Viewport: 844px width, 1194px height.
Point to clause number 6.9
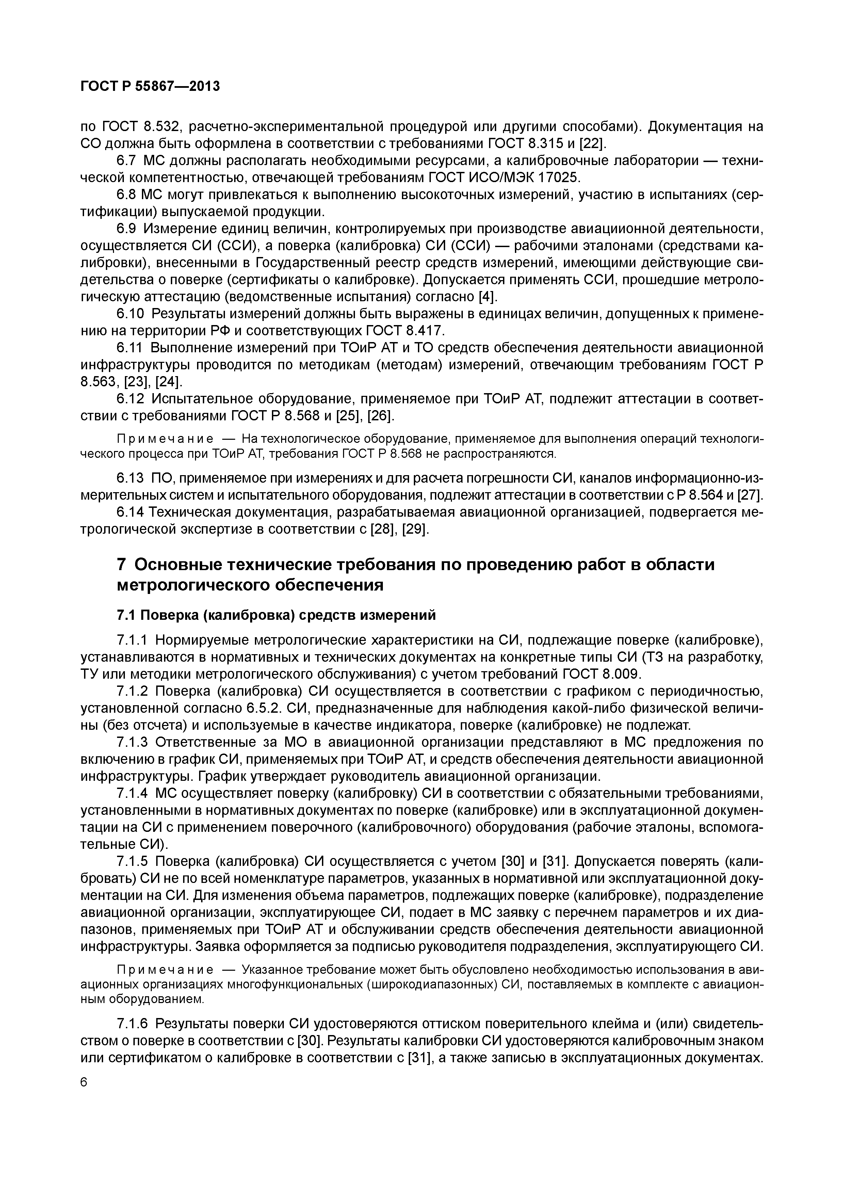point(127,229)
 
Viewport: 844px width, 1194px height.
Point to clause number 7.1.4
point(133,794)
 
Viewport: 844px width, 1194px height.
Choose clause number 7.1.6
point(133,1024)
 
